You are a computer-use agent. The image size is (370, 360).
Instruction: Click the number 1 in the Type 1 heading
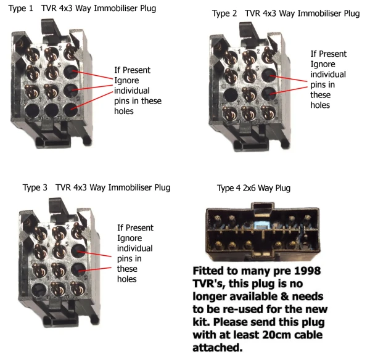coord(31,8)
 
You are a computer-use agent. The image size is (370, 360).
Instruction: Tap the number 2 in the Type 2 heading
coord(234,14)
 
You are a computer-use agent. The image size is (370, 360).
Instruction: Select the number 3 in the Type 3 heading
coord(45,187)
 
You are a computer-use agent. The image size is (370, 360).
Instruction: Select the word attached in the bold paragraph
coord(218,348)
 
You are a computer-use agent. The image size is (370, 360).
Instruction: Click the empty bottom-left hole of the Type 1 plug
coord(32,110)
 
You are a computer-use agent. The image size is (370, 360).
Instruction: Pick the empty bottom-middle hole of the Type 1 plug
coord(52,110)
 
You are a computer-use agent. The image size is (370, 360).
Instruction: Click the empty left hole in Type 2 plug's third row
coord(230,95)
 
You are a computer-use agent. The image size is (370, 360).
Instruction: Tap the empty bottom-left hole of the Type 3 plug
coord(39,289)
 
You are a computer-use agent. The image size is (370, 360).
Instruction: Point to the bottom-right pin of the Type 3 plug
coord(78,288)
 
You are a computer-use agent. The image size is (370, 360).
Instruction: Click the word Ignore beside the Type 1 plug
coord(126,81)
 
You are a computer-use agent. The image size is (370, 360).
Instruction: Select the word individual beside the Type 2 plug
coord(328,75)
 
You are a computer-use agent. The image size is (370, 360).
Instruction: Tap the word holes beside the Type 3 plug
coord(127,279)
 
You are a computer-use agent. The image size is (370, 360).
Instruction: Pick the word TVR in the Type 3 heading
coord(64,187)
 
